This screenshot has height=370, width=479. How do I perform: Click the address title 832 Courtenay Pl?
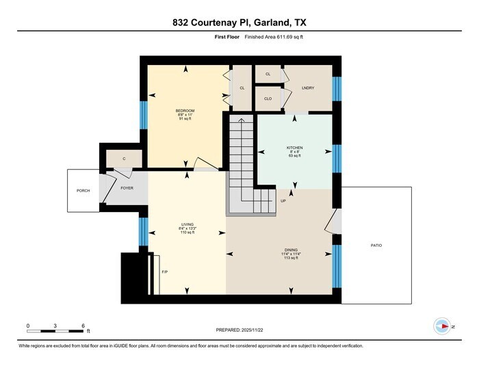click(x=239, y=23)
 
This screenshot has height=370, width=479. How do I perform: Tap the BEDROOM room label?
click(x=185, y=111)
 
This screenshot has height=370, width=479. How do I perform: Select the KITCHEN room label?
click(x=294, y=148)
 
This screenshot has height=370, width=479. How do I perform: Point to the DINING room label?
click(x=292, y=250)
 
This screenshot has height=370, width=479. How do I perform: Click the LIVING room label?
click(x=187, y=224)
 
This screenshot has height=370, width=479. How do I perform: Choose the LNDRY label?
click(x=307, y=88)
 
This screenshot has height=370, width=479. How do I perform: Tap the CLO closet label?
click(x=268, y=98)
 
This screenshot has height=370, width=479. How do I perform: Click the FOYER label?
click(x=127, y=188)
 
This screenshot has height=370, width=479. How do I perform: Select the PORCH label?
click(x=83, y=191)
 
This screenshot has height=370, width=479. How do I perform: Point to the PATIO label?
click(x=376, y=244)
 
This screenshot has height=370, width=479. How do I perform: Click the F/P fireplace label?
click(x=164, y=272)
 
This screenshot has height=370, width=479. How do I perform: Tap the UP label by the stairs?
click(x=283, y=200)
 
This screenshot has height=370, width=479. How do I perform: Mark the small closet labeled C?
click(x=124, y=159)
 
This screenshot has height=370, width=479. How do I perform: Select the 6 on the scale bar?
click(x=82, y=325)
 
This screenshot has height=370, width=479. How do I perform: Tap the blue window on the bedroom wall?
click(x=144, y=115)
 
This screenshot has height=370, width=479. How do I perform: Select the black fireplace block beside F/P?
click(x=134, y=274)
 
